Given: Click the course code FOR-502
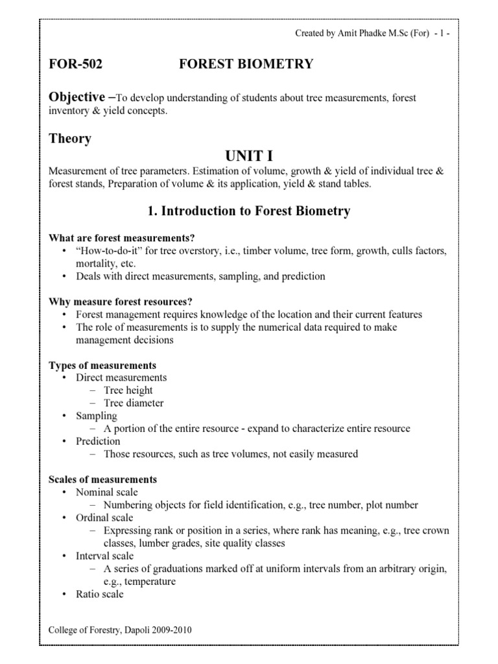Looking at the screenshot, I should (76, 64).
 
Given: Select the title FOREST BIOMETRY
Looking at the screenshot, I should (246, 64).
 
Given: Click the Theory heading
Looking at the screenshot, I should (70, 138).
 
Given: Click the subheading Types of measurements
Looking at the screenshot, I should (102, 365).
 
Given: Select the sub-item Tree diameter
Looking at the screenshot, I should (134, 403).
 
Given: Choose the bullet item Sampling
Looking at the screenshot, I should (97, 416).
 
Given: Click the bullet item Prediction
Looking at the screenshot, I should (98, 441).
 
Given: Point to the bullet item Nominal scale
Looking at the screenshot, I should (106, 492).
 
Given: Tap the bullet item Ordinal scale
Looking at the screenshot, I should (104, 517).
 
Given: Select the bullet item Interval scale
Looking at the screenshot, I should (105, 556).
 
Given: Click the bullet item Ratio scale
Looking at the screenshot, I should (99, 594).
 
